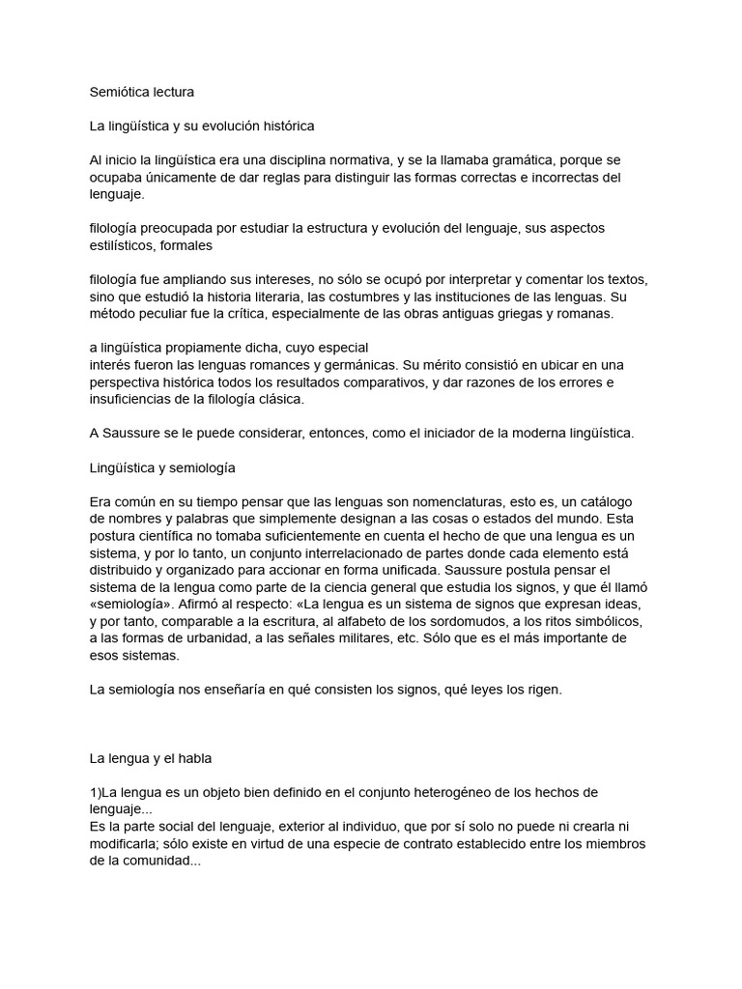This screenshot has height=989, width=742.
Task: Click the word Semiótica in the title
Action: coord(120,93)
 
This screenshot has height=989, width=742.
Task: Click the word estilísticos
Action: coord(122,245)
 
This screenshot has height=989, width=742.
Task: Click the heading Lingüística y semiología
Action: coord(161,466)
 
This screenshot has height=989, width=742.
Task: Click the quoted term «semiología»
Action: coord(133,603)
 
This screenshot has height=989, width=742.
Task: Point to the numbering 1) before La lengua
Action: coord(95,792)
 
